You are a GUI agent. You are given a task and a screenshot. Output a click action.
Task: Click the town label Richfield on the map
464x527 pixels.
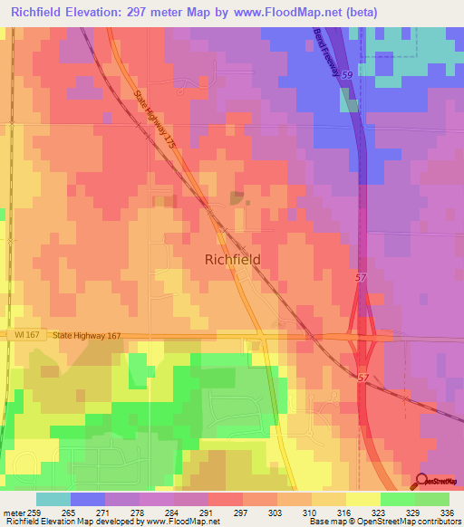[232, 259]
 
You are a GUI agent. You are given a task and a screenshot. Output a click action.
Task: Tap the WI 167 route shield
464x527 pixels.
[28, 335]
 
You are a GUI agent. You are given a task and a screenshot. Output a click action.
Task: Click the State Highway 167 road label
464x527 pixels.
[86, 335]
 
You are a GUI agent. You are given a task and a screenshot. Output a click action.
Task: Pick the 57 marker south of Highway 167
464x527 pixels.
[362, 377]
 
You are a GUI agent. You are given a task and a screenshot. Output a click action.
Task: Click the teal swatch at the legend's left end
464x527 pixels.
[53, 499]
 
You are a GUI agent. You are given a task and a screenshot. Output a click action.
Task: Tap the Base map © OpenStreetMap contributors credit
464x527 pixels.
[383, 522]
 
